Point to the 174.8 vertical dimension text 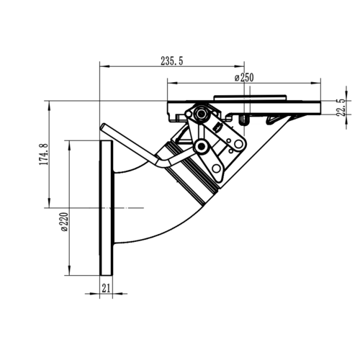(44, 154)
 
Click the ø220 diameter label (63, 225)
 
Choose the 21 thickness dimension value (105, 288)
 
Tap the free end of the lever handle (103, 127)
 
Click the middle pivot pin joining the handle (204, 148)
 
